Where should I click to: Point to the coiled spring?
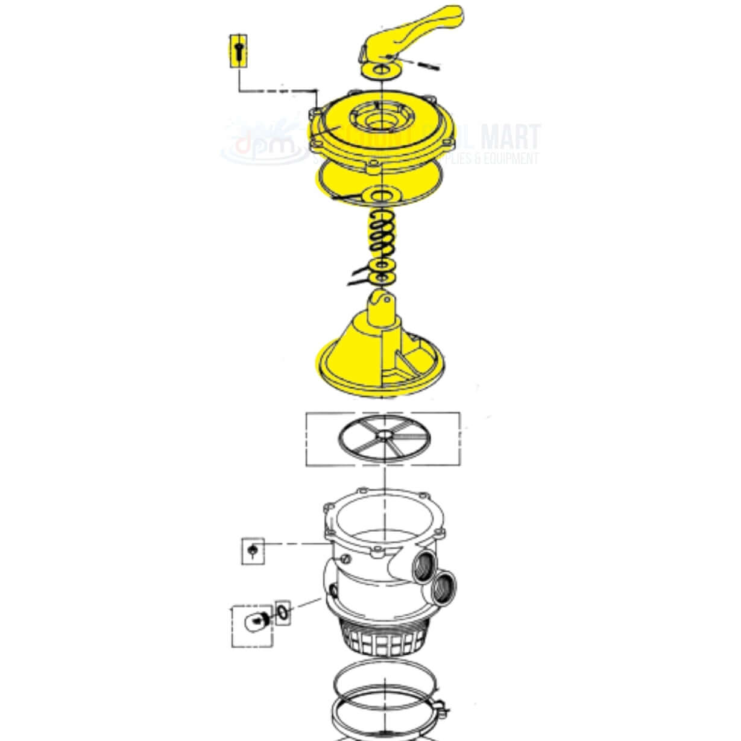pos(381,235)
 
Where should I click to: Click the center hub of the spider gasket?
pos(383,435)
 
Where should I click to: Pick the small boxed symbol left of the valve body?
pos(253,550)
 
